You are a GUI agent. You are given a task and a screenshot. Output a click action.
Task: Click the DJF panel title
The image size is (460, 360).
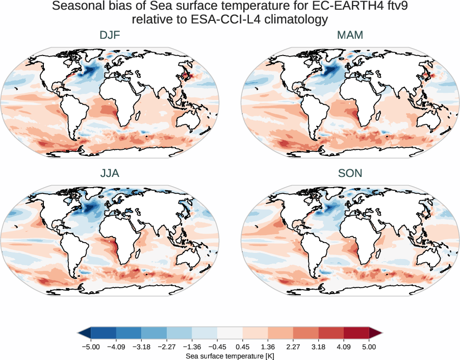pyautogui.click(x=110, y=35)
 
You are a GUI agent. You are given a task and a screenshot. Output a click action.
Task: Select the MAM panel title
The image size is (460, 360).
pyautogui.click(x=350, y=35)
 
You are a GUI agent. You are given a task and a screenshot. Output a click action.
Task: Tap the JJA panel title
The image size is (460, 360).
pyautogui.click(x=110, y=173)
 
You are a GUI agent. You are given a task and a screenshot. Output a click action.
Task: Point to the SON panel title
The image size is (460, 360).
pyautogui.click(x=350, y=173)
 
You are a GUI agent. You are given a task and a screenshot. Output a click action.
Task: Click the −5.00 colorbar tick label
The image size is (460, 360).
pyautogui.click(x=90, y=347)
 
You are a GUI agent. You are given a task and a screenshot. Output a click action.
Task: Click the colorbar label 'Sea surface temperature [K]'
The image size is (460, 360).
pyautogui.click(x=230, y=355)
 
